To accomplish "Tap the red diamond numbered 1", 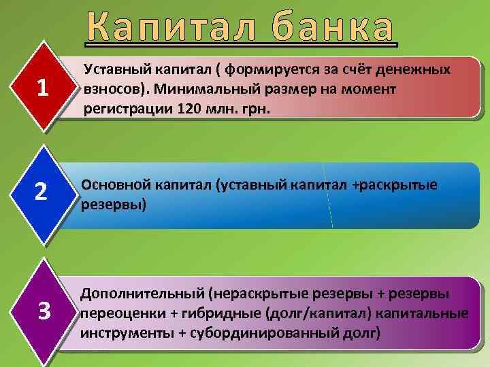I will (x=42, y=87).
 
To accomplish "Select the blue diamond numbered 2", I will (x=42, y=193).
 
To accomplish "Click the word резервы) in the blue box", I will (x=113, y=203).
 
